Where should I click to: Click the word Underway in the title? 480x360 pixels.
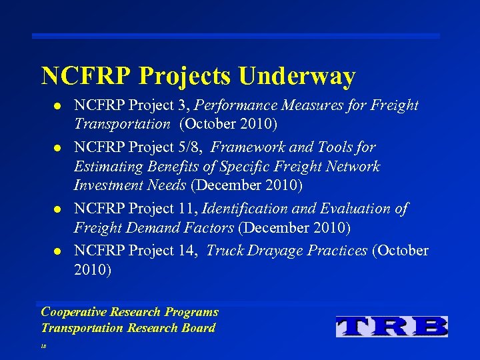297,76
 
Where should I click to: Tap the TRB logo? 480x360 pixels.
391,326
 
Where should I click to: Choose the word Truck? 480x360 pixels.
226,251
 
